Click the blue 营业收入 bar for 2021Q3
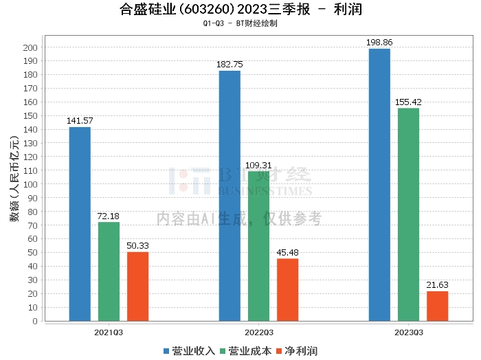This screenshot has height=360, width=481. pyautogui.click(x=80, y=224)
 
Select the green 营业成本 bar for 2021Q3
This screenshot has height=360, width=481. pyautogui.click(x=109, y=271)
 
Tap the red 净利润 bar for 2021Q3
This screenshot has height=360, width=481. pyautogui.click(x=137, y=286)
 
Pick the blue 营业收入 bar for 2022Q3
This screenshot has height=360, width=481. pyautogui.click(x=230, y=196)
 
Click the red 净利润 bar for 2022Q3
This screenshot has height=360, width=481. pyautogui.click(x=287, y=290)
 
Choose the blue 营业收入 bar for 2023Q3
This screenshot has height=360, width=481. pyautogui.click(x=379, y=185)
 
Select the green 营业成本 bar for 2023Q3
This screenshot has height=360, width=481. pyautogui.click(x=408, y=214)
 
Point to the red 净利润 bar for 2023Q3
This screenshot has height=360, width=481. pyautogui.click(x=437, y=306)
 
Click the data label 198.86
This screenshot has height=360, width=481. pyautogui.click(x=379, y=43)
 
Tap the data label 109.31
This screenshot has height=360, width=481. pyautogui.click(x=258, y=165)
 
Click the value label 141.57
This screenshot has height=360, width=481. pyautogui.click(x=80, y=121)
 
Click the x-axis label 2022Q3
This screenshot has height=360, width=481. pyautogui.click(x=258, y=332)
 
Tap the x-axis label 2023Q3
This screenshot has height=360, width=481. pyautogui.click(x=408, y=332)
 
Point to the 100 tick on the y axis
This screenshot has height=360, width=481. pyautogui.click(x=32, y=184)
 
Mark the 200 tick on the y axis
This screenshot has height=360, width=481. pyautogui.click(x=32, y=47)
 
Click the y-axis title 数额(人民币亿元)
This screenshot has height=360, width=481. pyautogui.click(x=14, y=183)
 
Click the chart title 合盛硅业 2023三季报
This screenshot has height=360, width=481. pyautogui.click(x=240, y=10)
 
